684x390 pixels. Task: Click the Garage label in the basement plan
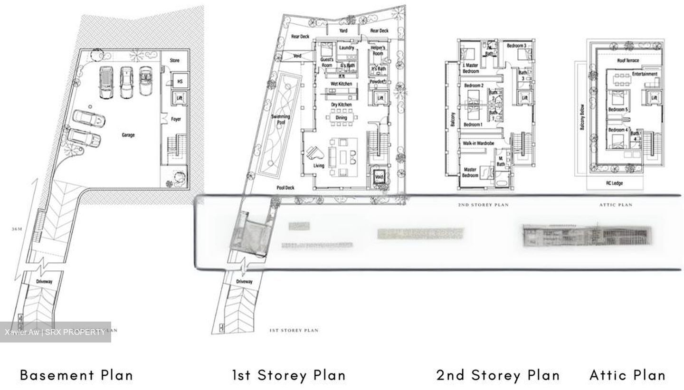pos(128,135)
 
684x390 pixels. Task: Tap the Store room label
pos(175,61)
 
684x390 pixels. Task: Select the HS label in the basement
pos(180,82)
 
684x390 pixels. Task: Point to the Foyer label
pos(176,120)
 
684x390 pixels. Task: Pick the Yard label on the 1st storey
pos(343,31)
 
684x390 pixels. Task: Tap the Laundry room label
pos(347,48)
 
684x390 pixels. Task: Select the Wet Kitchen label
pos(342,84)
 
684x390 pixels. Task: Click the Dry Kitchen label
pos(341,105)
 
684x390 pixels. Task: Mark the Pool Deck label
pos(285,188)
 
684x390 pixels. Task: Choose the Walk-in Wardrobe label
pos(478,143)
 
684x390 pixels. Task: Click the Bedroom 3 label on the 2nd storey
pos(516,46)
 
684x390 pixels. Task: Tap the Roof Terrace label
pos(628,61)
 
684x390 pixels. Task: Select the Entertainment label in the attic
pos(645,74)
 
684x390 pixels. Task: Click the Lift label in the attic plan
pos(654,98)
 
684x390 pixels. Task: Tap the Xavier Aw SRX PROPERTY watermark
pos(55,332)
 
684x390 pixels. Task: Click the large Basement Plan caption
pos(76,375)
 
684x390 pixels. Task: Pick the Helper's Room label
pos(378,50)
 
